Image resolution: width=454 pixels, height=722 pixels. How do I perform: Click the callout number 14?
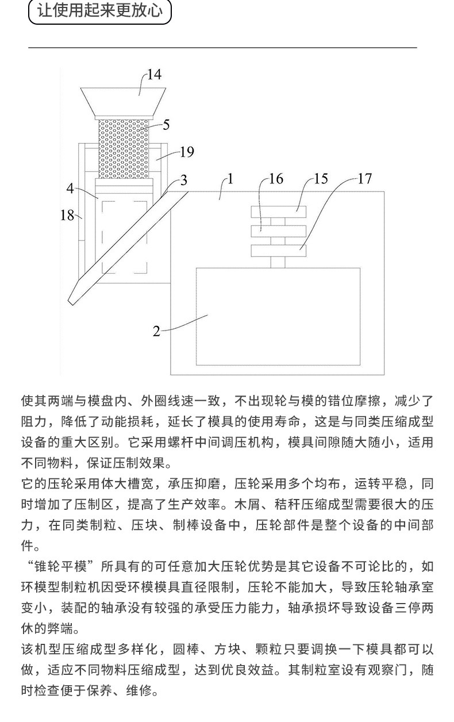pos(154,74)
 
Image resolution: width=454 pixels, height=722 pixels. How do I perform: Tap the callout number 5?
pos(166,124)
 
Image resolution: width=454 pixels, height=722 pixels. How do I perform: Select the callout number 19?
pos(187,152)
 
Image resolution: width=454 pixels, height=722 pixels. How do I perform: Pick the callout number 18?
pos(67,216)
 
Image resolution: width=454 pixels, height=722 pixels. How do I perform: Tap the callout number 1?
pos(230,179)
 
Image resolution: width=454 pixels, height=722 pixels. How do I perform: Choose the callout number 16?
pos(276,179)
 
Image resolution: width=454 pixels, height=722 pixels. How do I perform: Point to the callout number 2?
pos(156,331)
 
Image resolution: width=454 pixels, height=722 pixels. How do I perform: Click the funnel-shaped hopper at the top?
pos(124,101)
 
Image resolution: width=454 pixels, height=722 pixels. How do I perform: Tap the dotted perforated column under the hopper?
pos(124,148)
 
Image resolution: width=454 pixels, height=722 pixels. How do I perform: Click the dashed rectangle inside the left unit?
pos(125,236)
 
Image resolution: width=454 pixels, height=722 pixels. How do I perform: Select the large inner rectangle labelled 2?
pos(278,316)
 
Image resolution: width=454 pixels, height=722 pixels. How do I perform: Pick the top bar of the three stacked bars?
pos(279,212)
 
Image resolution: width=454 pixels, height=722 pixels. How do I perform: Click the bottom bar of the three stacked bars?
pos(279,251)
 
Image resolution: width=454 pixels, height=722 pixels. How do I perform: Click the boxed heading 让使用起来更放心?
pos(100,11)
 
